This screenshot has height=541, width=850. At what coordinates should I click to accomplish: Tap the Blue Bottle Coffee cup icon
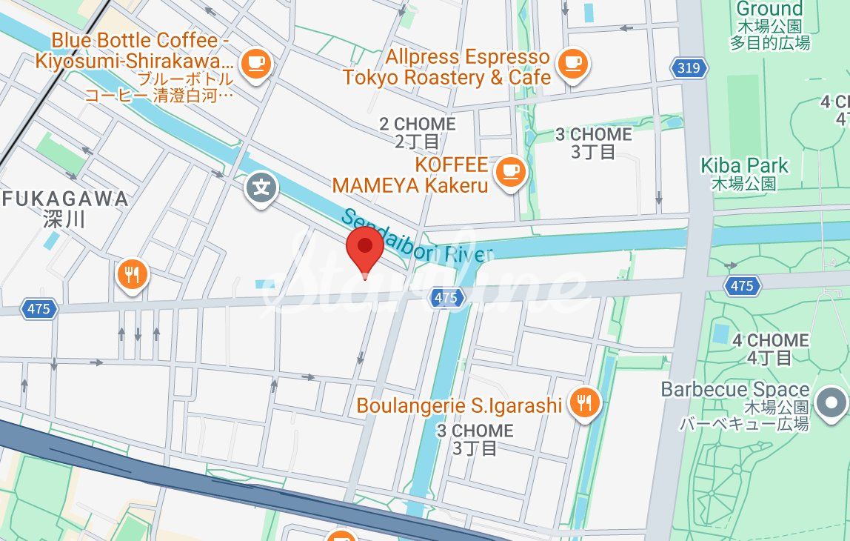[256, 63]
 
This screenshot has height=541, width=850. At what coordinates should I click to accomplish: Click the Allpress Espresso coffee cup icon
[572, 63]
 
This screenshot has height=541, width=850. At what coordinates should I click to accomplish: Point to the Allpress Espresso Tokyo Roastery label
[446, 67]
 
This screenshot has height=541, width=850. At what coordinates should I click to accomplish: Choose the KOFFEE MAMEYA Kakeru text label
[410, 175]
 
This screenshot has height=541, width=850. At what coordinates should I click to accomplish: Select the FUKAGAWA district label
[65, 208]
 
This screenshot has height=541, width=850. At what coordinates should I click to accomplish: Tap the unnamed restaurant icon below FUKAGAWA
[133, 276]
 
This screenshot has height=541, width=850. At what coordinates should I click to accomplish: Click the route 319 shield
[689, 69]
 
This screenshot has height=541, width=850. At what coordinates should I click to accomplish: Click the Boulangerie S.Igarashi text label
[459, 406]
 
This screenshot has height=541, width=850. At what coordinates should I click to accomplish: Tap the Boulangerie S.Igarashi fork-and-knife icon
[585, 403]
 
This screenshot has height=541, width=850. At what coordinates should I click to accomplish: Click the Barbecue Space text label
[734, 405]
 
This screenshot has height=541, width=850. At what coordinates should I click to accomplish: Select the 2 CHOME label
[418, 132]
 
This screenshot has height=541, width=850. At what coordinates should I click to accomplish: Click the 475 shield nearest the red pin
[446, 298]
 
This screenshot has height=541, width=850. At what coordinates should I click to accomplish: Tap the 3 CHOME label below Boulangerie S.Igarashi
[475, 439]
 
